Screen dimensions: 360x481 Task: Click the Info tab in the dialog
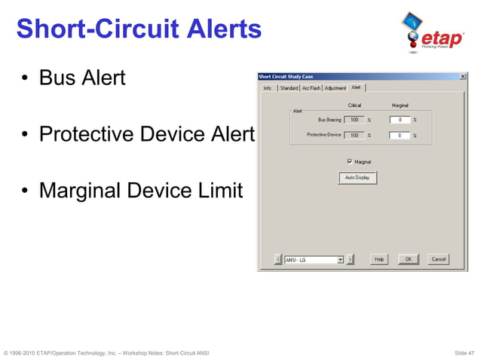[x=267, y=88]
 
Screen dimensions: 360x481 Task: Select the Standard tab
[x=289, y=88]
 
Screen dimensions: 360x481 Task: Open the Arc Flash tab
[x=311, y=88]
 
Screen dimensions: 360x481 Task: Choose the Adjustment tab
[x=335, y=88]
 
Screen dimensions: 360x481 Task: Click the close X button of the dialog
[x=462, y=76]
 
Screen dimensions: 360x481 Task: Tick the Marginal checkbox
[x=350, y=161]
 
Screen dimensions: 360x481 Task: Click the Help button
[x=379, y=259]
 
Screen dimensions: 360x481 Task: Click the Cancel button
[x=438, y=259]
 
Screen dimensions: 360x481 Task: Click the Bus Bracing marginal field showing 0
[x=400, y=120]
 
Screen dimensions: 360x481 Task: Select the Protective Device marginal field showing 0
[x=400, y=136]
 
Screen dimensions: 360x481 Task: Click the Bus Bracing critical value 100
[x=354, y=120]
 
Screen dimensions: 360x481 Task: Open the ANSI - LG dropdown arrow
[x=340, y=259]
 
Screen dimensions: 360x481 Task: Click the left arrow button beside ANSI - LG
[x=278, y=259]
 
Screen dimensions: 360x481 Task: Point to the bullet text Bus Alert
[x=82, y=78]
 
